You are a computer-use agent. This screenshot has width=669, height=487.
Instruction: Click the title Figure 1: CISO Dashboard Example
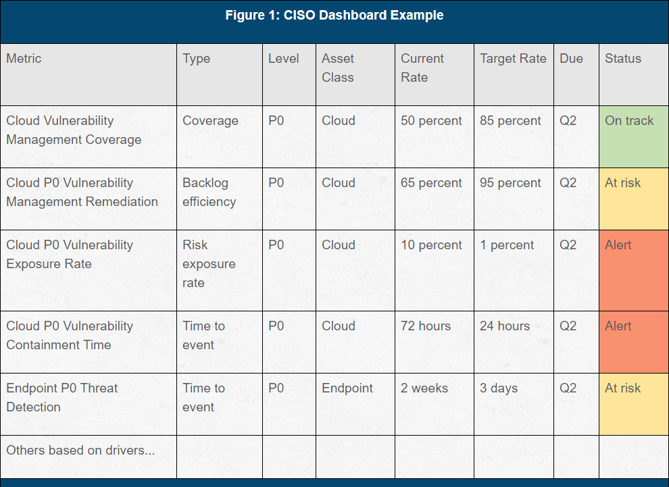tap(334, 16)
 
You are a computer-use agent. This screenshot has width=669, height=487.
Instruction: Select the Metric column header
tap(24, 59)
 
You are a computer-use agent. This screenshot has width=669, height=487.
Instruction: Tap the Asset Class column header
tap(338, 68)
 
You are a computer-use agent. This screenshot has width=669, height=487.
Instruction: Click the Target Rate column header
tap(513, 59)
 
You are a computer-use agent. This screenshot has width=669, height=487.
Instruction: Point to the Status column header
tap(622, 59)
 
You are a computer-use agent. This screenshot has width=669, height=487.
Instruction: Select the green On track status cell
tap(633, 136)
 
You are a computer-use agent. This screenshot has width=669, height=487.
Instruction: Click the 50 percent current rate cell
tap(431, 121)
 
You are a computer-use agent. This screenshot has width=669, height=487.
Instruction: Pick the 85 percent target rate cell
tap(510, 121)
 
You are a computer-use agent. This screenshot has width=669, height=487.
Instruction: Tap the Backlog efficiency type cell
tap(209, 193)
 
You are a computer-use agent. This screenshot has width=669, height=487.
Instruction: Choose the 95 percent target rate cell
tap(510, 183)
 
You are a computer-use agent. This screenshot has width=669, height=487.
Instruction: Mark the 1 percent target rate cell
tap(507, 245)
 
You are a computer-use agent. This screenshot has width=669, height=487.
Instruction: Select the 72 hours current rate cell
tap(425, 326)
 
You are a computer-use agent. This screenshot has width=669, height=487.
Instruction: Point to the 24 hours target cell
tap(504, 326)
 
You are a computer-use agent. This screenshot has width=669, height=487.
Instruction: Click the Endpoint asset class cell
tap(347, 388)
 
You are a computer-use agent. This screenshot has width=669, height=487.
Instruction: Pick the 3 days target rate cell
tap(499, 388)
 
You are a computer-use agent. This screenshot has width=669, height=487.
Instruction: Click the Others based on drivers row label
tap(80, 451)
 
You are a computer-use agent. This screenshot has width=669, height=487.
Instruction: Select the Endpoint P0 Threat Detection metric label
tap(62, 398)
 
